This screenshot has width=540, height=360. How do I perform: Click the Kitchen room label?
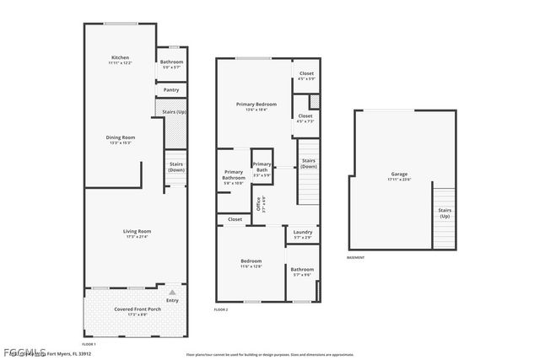(x=119, y=57)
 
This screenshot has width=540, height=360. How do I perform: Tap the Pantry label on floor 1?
(x=171, y=90)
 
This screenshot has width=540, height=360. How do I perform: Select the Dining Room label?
(x=120, y=137)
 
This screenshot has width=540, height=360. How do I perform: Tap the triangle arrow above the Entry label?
(x=172, y=292)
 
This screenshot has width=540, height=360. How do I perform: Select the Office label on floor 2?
(x=258, y=203)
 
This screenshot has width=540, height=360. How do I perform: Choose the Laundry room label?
(x=302, y=233)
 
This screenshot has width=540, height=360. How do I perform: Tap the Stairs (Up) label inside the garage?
(x=444, y=213)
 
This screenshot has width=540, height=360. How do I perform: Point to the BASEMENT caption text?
(x=356, y=258)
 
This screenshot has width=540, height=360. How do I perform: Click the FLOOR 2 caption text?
(x=221, y=310)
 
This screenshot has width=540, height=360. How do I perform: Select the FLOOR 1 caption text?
(x=89, y=344)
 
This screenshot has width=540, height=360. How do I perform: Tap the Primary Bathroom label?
(x=234, y=175)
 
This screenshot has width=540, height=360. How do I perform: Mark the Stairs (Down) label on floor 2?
(x=309, y=163)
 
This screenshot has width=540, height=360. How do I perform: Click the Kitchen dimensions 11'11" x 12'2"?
(x=119, y=63)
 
